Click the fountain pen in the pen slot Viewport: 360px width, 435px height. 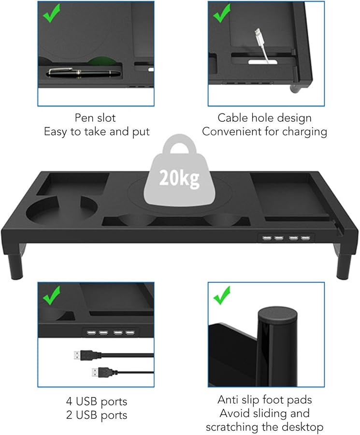tap(85, 73)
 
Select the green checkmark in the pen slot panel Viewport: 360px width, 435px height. tap(51, 14)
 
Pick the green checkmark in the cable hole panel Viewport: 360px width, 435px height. tap(222, 14)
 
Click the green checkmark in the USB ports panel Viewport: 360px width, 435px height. tap(51, 295)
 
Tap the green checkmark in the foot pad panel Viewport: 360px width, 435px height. tap(222, 295)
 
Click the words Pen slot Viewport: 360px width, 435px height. tap(95, 117)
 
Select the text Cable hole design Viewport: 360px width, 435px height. tap(264, 117)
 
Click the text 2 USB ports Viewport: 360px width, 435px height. tap(97, 415)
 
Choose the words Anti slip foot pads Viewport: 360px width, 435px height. tap(264, 400)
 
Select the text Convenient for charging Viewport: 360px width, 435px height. tap(264, 131)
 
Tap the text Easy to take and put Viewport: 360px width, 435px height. tap(95, 131)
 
